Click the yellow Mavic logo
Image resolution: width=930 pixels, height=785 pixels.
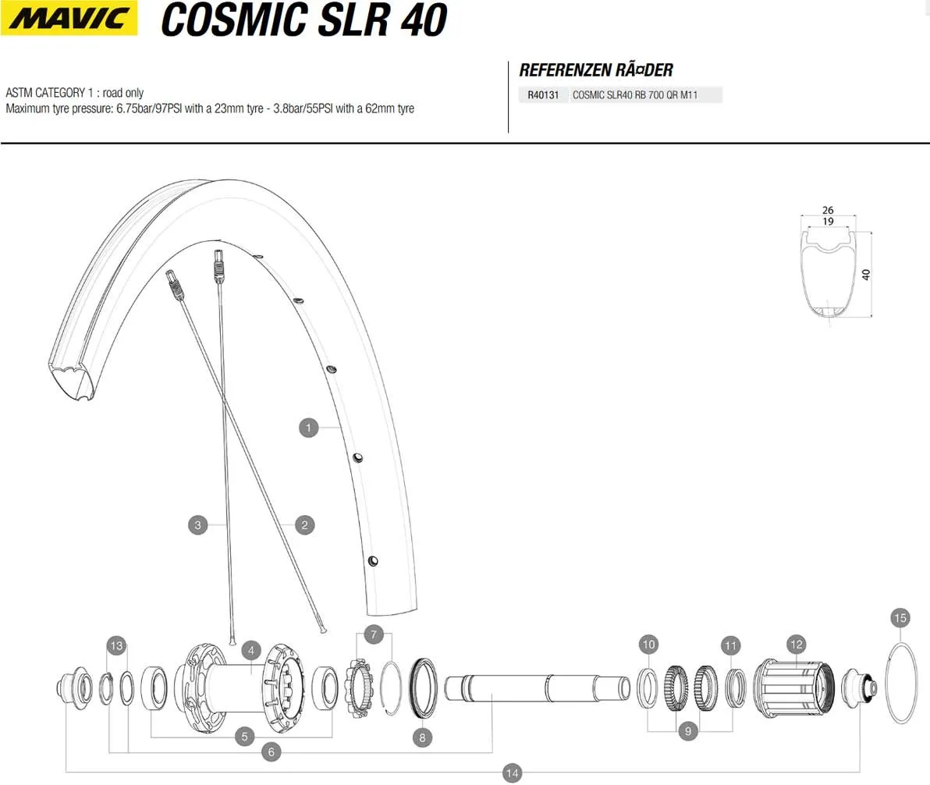click(x=69, y=18)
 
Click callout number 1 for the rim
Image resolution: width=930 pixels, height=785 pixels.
click(x=309, y=427)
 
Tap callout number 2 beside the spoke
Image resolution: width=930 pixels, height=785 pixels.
click(x=305, y=524)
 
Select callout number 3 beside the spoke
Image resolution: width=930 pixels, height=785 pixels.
click(x=198, y=524)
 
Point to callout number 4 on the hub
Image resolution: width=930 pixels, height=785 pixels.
click(x=250, y=649)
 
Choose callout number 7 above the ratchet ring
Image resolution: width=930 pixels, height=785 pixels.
click(x=374, y=634)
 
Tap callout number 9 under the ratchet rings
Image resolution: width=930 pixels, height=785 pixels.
click(x=687, y=731)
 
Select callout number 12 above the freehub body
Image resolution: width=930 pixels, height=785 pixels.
click(x=796, y=645)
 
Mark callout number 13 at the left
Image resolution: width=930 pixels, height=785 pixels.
click(x=116, y=645)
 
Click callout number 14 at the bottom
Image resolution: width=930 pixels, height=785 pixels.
click(x=512, y=773)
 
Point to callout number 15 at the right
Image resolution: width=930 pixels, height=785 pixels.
click(x=900, y=618)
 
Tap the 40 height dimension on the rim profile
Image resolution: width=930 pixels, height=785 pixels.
click(x=865, y=274)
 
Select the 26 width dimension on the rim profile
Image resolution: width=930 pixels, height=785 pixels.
click(x=828, y=210)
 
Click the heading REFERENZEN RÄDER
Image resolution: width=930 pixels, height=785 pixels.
click(x=596, y=70)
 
